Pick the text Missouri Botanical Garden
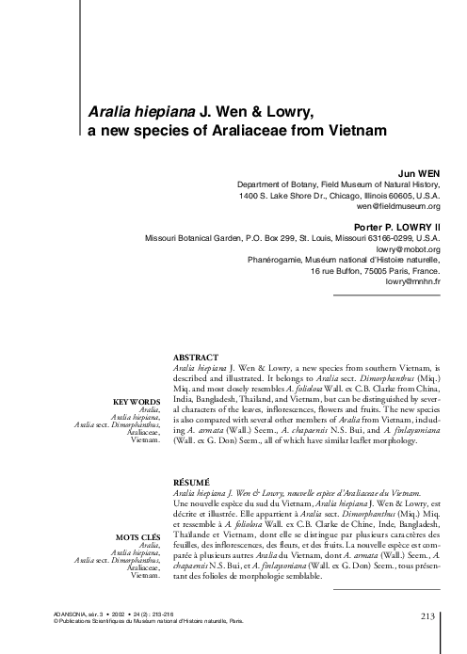(x=198, y=239)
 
